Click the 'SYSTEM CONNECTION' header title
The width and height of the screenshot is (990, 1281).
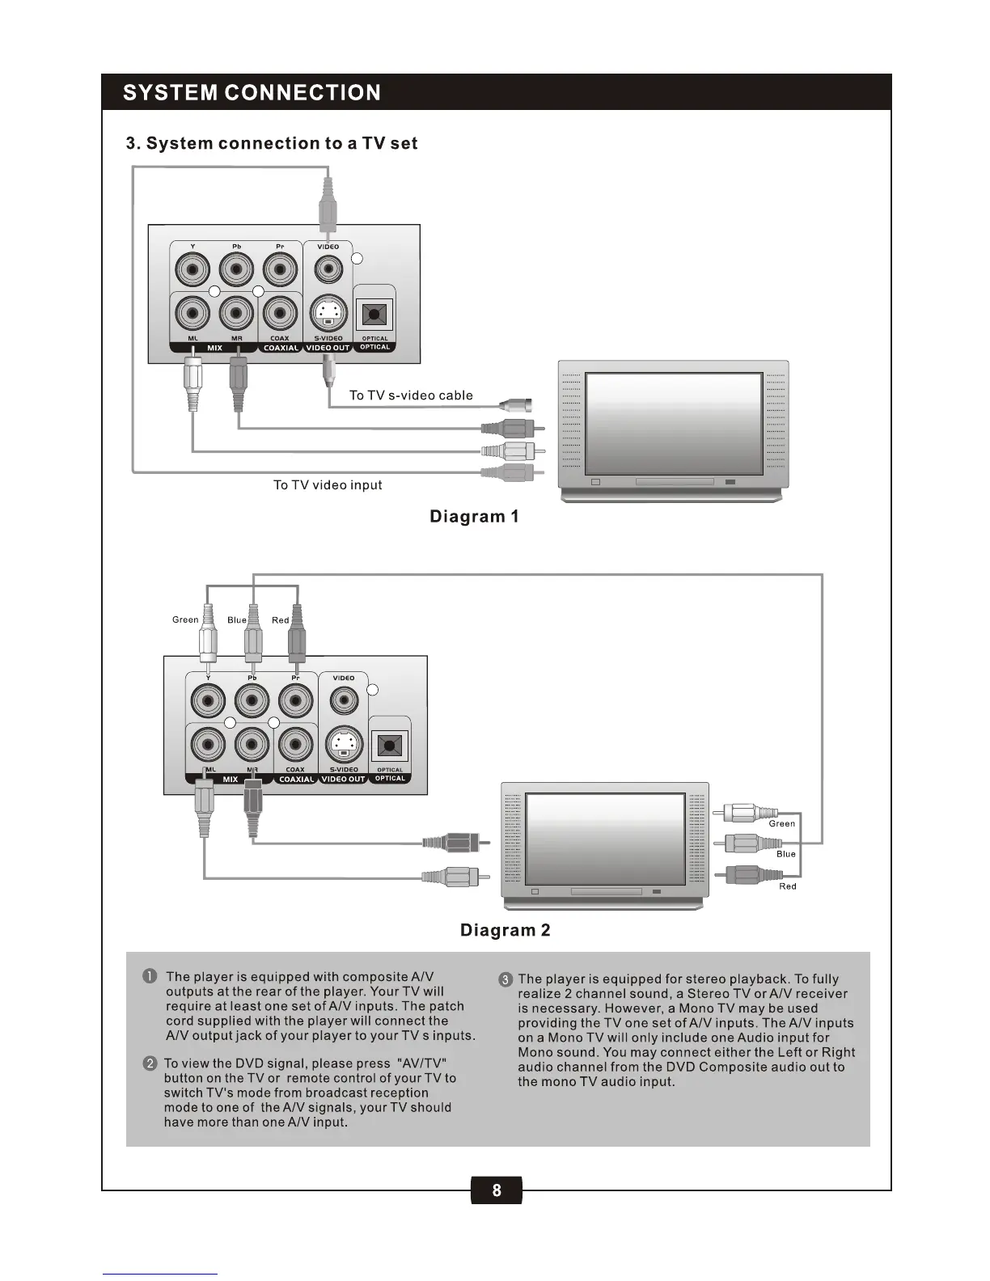tap(252, 92)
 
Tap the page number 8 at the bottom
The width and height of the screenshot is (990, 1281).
tap(496, 1190)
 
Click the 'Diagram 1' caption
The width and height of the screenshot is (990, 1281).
tap(474, 516)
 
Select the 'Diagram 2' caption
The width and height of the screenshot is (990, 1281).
tap(505, 930)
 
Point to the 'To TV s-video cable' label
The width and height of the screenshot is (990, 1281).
tap(411, 395)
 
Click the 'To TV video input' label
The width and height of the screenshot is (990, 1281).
tap(328, 485)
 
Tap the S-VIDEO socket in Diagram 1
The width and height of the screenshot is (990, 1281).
tap(328, 313)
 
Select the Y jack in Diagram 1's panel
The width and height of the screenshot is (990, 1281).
tap(193, 268)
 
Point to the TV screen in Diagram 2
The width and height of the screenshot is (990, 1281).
tap(605, 839)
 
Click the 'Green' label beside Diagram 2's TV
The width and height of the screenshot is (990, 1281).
tap(781, 823)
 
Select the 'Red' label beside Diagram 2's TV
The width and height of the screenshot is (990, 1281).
tap(787, 886)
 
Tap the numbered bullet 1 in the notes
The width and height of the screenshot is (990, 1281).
tap(150, 977)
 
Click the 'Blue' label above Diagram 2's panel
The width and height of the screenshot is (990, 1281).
tap(237, 619)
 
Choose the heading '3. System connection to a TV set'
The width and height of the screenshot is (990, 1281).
tap(272, 143)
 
